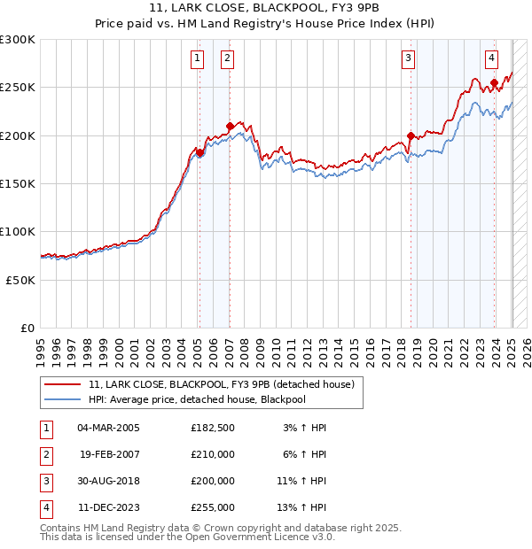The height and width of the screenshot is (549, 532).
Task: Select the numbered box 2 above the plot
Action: pos(227,59)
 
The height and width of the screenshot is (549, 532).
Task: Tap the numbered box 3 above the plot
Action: pos(408,59)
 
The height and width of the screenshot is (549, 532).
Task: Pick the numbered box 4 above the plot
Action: pos(491,59)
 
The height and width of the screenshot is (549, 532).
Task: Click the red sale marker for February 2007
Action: pos(230,126)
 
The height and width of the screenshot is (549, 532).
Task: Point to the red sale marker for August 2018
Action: pos(411,135)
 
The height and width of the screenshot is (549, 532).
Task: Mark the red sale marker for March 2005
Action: pos(199,152)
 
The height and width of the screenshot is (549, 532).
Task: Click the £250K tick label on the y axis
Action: pos(18,88)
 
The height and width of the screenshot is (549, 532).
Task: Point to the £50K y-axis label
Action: pos(20,280)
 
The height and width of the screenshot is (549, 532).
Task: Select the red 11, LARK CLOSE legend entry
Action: pos(221,384)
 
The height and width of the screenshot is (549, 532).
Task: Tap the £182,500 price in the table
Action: pos(212,428)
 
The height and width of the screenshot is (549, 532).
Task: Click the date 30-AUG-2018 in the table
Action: pos(108,481)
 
